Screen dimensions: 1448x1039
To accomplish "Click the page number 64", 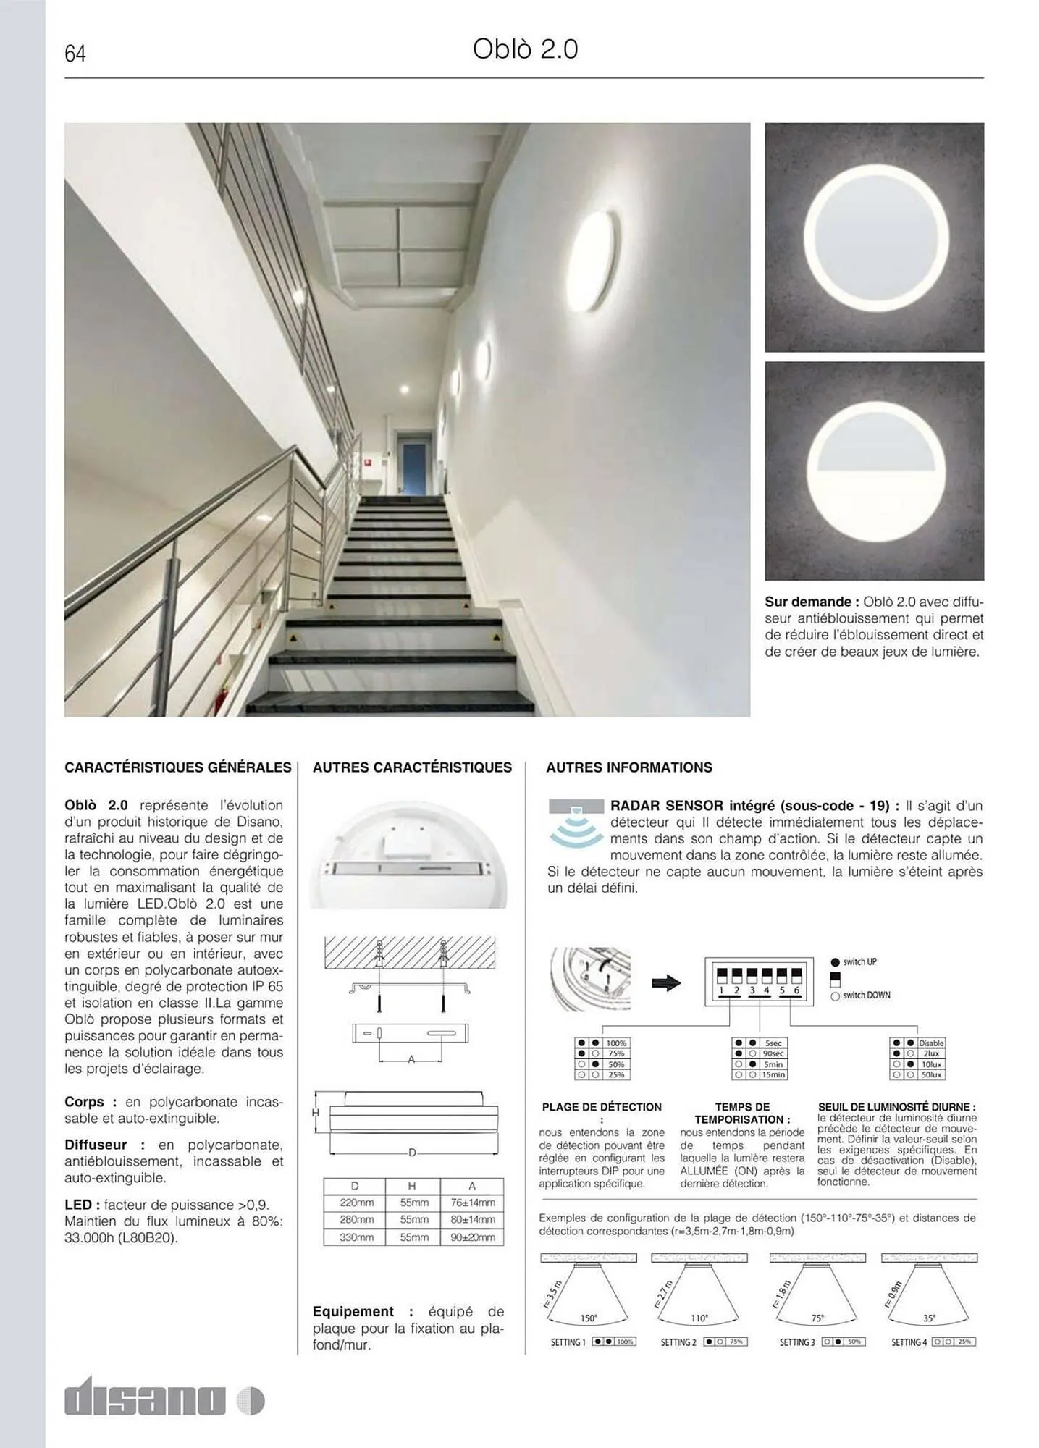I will click(75, 54).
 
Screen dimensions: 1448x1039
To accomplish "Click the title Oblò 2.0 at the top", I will click(525, 49).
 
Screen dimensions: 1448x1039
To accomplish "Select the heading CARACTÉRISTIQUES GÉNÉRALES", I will click(178, 767).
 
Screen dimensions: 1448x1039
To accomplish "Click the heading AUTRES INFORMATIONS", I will click(628, 767).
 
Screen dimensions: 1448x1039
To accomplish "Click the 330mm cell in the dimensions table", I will click(356, 1237).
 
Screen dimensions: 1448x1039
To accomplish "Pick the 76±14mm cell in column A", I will click(471, 1203).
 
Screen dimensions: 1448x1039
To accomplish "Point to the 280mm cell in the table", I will click(356, 1220).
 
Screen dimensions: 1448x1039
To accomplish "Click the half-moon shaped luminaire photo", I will click(874, 471).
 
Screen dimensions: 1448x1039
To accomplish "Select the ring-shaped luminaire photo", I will click(874, 237).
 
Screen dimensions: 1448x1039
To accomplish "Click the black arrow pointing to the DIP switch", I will click(665, 983).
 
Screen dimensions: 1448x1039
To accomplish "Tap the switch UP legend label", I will click(859, 962).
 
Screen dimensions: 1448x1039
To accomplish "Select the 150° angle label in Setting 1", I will click(588, 1318).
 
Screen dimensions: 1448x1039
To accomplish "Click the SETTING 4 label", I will click(909, 1342).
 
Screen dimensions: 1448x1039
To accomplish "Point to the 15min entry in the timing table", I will click(773, 1075).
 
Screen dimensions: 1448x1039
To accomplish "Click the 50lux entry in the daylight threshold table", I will click(931, 1075).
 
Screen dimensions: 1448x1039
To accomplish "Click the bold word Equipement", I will click(353, 1311).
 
